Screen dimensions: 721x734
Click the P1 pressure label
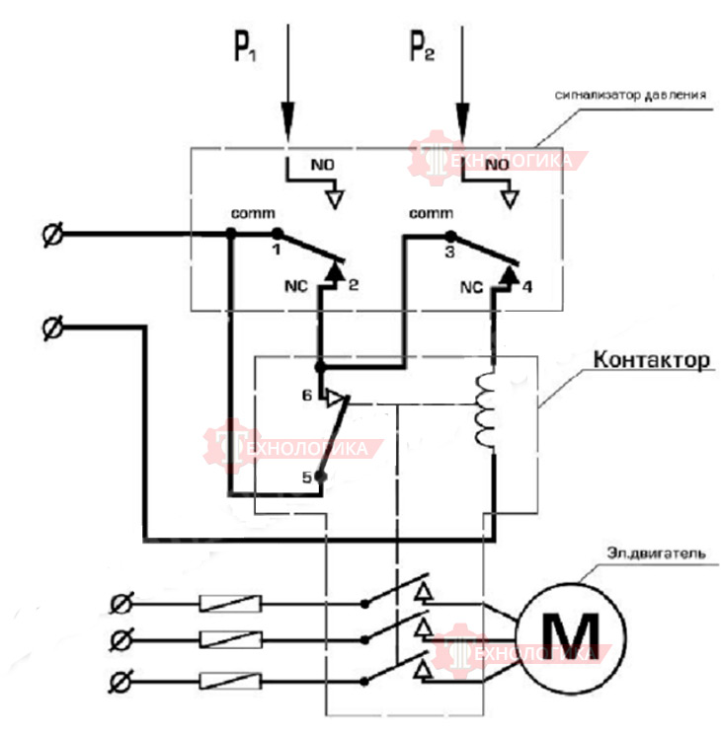pos(245,46)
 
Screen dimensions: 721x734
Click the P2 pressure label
pos(422,45)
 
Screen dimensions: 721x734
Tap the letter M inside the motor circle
pos(570,636)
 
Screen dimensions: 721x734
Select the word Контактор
pos(652,359)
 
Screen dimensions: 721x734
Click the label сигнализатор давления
pos(630,95)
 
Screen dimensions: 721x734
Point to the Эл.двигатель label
pos(656,553)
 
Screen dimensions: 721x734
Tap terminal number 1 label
pos(277,250)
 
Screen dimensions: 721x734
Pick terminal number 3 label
pos(449,252)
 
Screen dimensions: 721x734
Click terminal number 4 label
pos(527,286)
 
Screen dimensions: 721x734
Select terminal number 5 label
pos(306,477)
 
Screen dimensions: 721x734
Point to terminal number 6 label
pos(306,396)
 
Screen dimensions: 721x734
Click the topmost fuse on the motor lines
pos(231,604)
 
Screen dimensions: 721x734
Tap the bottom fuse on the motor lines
pos(231,681)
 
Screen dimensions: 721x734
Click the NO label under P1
pos(323,165)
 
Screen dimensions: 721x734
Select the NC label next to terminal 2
pos(295,286)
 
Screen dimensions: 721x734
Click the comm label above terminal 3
pos(431,213)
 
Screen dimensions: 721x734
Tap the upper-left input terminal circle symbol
pos(52,234)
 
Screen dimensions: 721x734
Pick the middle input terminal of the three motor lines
pos(120,640)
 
